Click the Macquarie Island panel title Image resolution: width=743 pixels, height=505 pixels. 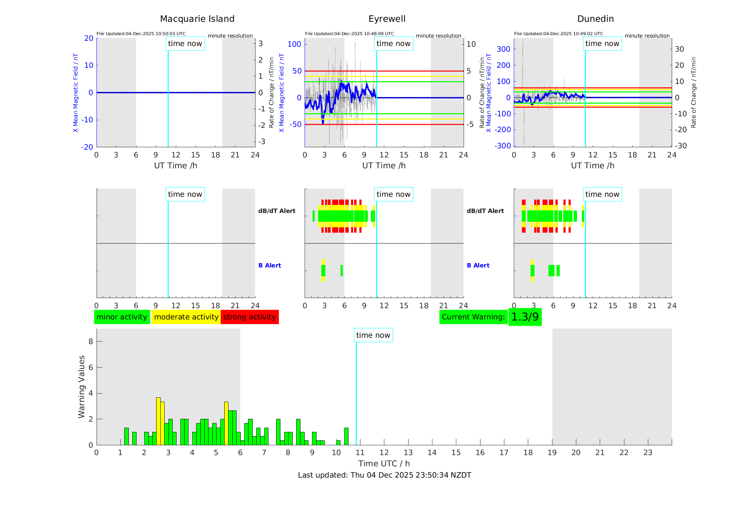click(197, 19)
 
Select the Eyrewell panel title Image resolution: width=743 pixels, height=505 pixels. click(387, 19)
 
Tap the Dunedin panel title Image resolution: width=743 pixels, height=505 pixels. click(595, 19)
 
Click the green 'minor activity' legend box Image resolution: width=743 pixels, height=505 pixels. click(122, 317)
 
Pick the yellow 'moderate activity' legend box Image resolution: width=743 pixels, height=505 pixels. click(186, 317)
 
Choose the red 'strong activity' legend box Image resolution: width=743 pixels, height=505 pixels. click(250, 317)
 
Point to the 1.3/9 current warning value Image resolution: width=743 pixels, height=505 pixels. click(525, 317)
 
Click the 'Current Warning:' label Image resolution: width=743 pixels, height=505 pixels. click(473, 317)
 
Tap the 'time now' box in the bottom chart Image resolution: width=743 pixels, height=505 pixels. click(373, 335)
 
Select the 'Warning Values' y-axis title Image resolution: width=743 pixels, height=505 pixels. click(82, 387)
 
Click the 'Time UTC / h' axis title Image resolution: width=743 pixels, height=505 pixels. click(384, 464)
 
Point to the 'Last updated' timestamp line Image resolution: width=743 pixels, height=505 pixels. click(384, 475)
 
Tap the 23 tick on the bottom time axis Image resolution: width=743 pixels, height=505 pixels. click(648, 453)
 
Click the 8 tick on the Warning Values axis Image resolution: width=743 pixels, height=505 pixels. click(91, 342)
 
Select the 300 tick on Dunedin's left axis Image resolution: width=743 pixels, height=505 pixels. click(503, 49)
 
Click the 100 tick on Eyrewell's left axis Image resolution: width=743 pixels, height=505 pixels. click(294, 44)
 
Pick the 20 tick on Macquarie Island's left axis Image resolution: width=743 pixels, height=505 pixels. click(89, 38)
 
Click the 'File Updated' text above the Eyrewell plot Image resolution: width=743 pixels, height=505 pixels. click(349, 34)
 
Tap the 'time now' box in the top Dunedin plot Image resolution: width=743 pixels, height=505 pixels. click(602, 44)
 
